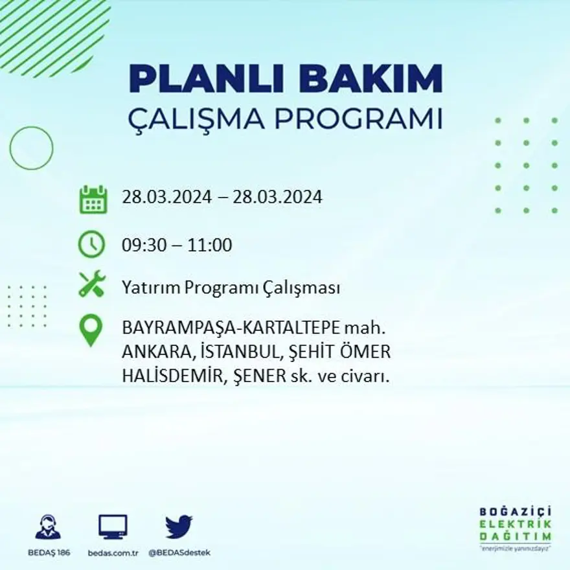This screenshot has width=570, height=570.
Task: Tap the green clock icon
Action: [x=92, y=244]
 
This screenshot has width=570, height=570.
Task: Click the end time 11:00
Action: [x=210, y=245]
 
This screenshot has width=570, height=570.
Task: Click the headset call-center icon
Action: [x=47, y=527]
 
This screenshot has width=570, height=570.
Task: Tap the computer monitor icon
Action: [x=113, y=527]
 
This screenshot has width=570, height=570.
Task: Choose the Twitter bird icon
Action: [x=179, y=527]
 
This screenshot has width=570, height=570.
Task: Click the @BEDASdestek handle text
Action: [x=179, y=553]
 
